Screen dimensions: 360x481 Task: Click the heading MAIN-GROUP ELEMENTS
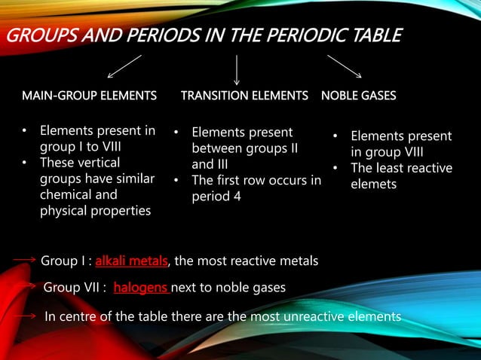[x=89, y=96]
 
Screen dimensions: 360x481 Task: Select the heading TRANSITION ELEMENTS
[x=244, y=96]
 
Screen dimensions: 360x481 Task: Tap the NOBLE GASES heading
[x=358, y=96]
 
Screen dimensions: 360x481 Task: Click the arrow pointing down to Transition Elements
[x=237, y=70]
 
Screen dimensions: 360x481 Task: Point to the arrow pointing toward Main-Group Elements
[x=124, y=66]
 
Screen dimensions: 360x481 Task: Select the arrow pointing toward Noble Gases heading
[x=345, y=66]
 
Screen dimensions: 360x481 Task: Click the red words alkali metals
[x=131, y=261]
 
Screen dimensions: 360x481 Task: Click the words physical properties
[x=95, y=211]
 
